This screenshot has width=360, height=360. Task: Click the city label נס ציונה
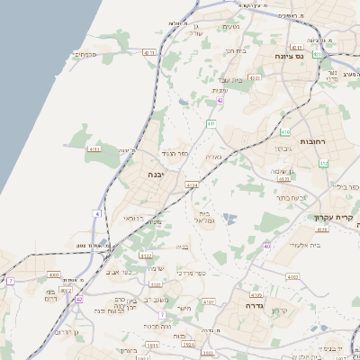coord(298,56)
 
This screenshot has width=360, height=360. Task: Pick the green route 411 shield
coord(210,122)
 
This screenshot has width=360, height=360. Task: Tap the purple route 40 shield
coord(266,246)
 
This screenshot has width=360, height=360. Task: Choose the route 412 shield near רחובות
coord(322,163)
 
